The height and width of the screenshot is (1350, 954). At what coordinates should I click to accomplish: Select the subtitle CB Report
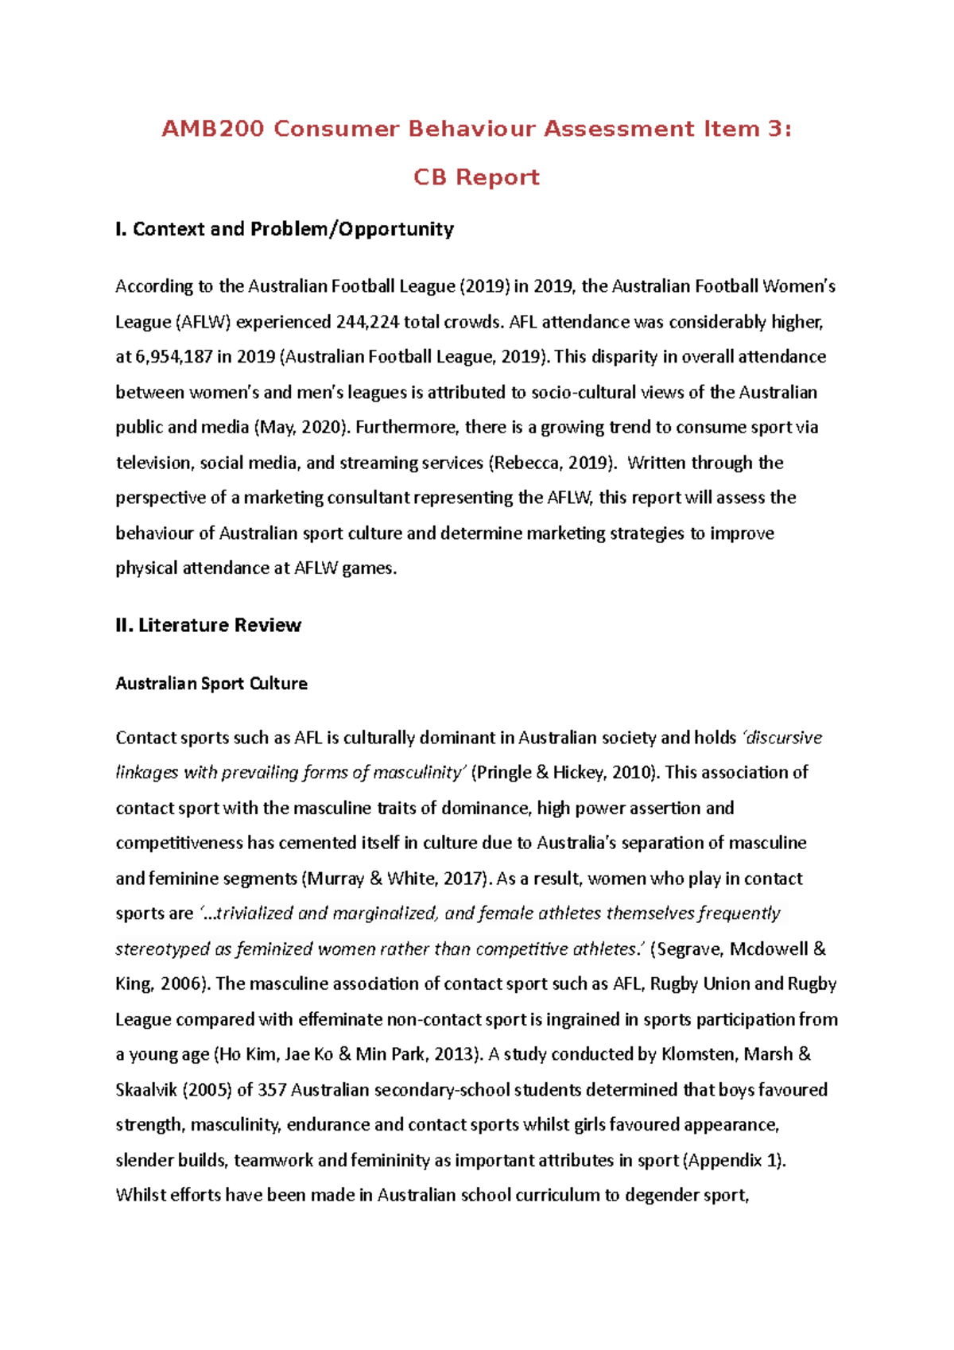tap(476, 177)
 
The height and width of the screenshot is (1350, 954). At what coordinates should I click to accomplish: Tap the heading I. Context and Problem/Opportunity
tap(285, 229)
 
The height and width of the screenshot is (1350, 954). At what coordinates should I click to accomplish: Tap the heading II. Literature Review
tap(208, 625)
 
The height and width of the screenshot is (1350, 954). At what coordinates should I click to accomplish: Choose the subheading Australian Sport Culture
tap(211, 684)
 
